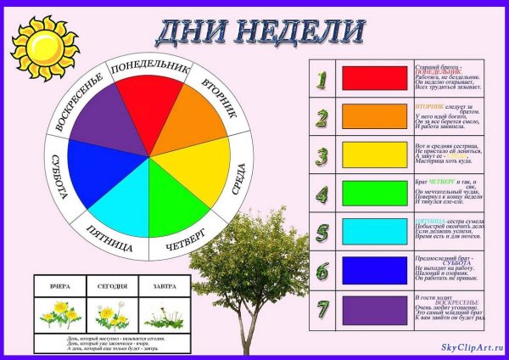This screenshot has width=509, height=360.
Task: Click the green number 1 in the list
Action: [322, 79]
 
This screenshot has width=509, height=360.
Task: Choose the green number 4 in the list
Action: [322, 193]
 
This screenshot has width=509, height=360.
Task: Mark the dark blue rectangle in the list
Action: [374, 270]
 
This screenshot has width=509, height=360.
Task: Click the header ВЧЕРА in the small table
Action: [61, 287]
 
